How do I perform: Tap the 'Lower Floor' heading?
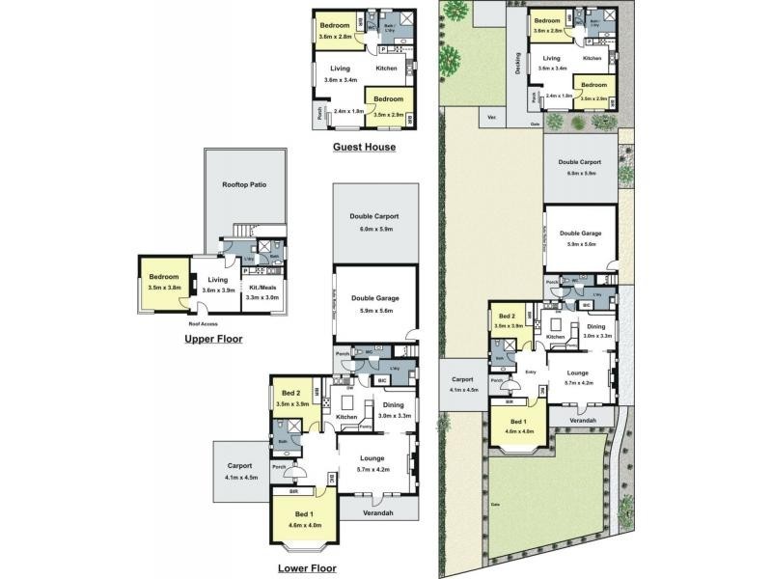click(x=306, y=568)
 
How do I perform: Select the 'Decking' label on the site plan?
click(x=518, y=62)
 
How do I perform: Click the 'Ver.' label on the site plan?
click(x=491, y=118)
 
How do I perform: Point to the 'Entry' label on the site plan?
click(x=530, y=371)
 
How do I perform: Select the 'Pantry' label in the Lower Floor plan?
click(x=365, y=427)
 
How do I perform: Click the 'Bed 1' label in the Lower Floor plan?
click(x=303, y=515)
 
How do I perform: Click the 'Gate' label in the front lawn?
click(x=496, y=505)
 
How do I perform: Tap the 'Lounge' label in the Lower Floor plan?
click(x=372, y=459)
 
